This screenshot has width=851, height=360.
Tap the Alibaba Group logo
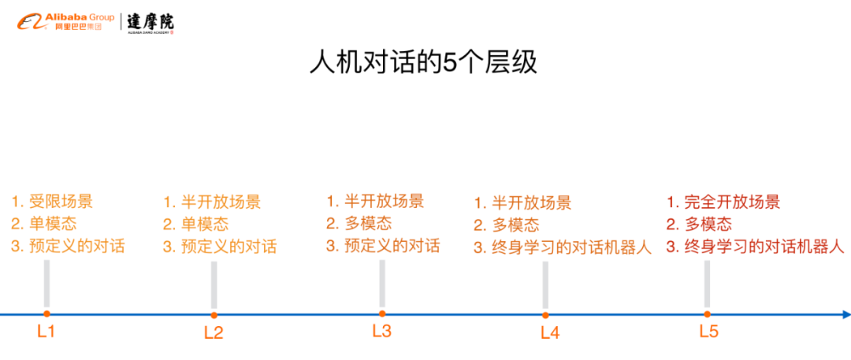66,21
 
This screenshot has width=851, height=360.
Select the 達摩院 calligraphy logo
151,22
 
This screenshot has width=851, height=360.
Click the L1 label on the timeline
46,331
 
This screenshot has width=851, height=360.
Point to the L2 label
214,332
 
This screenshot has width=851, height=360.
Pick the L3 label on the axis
381,331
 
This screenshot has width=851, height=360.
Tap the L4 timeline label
550,332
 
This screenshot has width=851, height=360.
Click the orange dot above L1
46,314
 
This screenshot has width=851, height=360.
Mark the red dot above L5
708,314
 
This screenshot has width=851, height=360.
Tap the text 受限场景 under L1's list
61,201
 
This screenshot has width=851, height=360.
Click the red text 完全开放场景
732,202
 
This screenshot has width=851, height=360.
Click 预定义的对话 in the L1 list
76,246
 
